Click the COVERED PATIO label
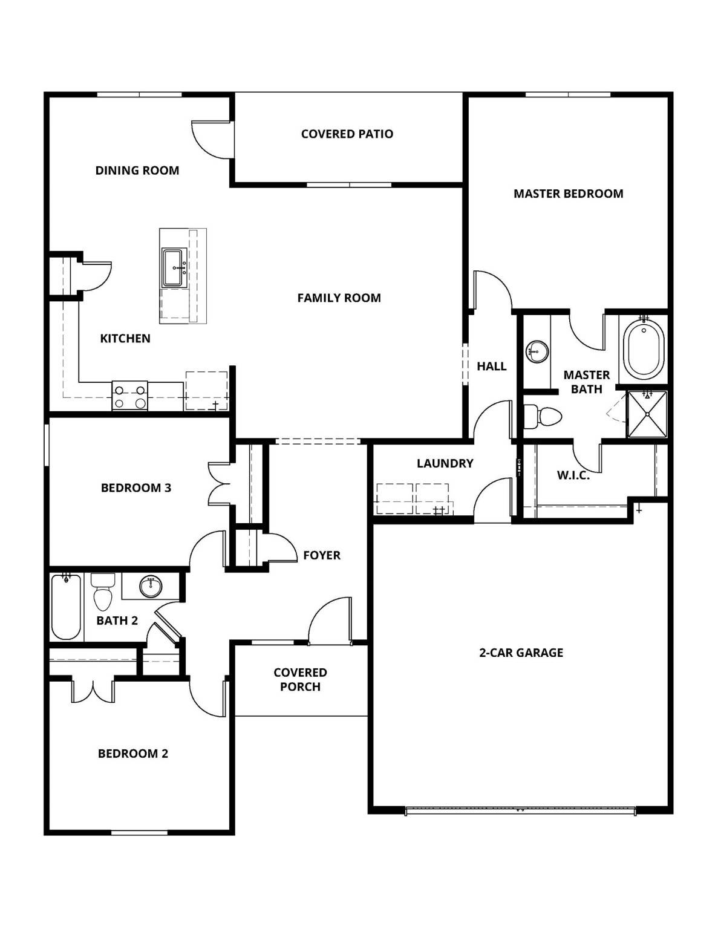coord(347,134)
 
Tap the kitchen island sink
coord(175,267)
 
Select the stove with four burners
coord(130,396)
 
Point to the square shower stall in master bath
coord(647,414)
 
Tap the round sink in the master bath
coord(537,350)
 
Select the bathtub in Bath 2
coord(66,607)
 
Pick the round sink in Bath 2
coord(150,585)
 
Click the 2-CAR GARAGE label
coord(521,653)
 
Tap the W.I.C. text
coord(573,475)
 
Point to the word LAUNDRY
coord(445,463)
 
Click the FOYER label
coord(321,555)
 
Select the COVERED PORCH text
coord(300,679)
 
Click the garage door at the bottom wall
coord(520,810)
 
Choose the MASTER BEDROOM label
coord(568,194)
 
